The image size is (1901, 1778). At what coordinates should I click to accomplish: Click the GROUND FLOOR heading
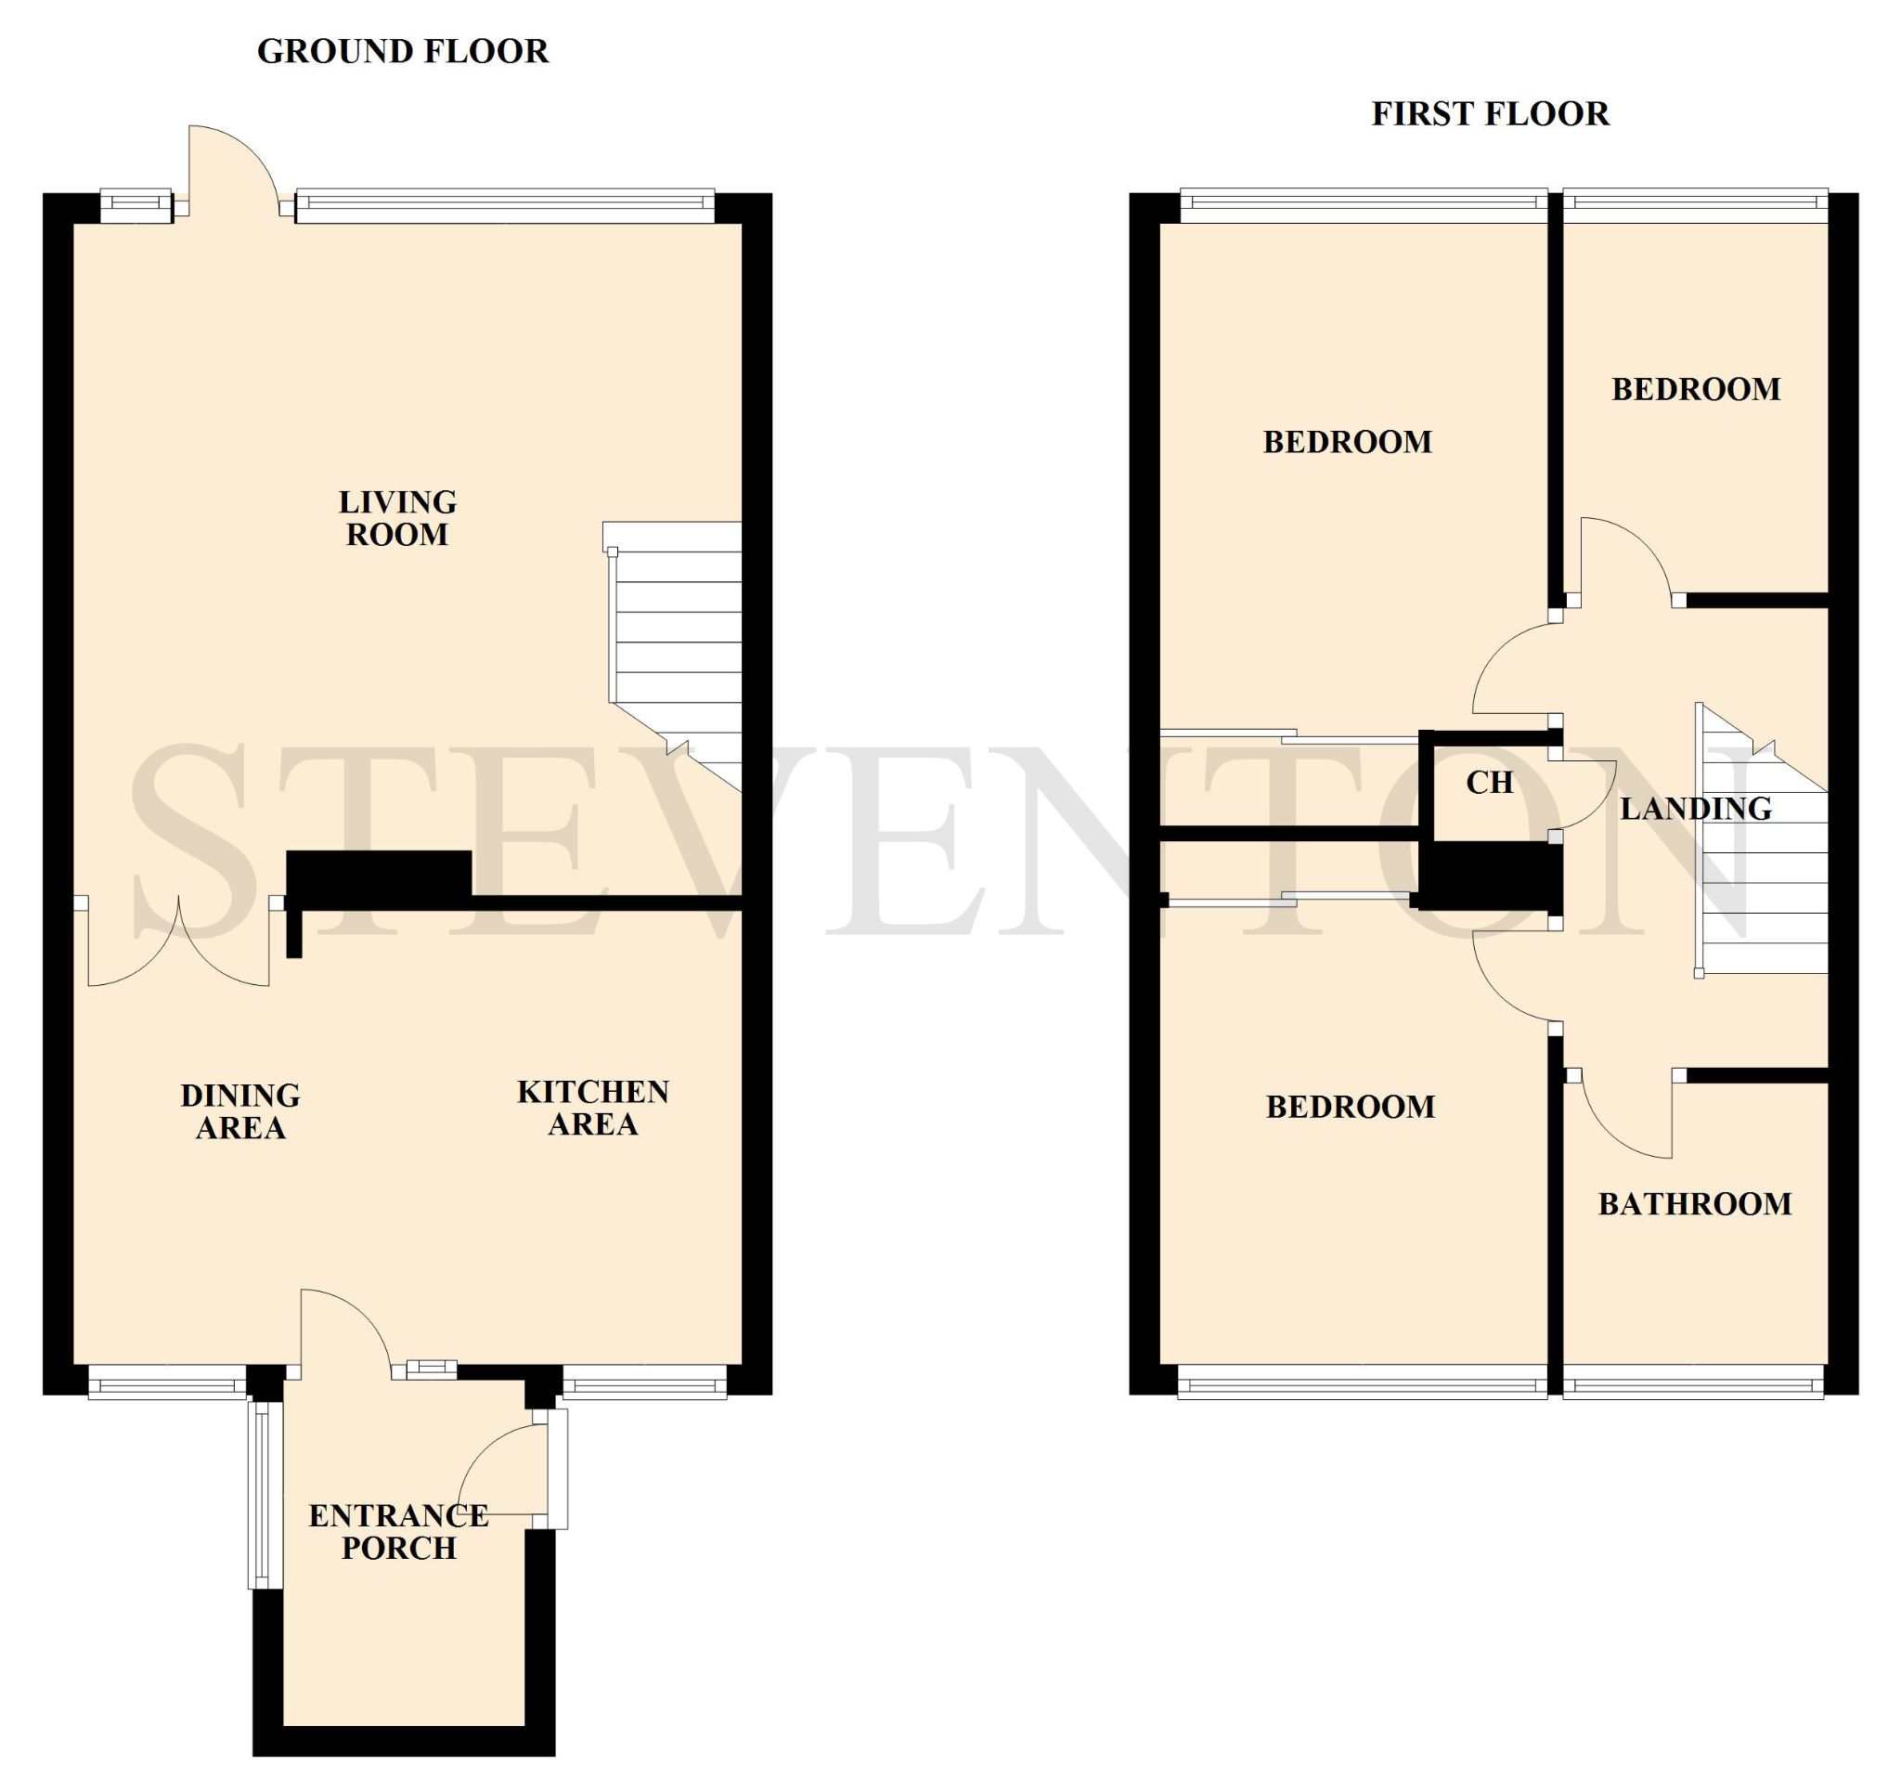403,51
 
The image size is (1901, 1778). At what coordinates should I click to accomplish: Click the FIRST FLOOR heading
1491,114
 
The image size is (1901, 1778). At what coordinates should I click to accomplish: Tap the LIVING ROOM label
398,517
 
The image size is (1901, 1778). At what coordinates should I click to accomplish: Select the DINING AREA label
241,1110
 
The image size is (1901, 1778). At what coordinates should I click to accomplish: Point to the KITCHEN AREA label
593,1108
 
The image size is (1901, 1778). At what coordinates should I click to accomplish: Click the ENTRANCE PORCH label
399,1531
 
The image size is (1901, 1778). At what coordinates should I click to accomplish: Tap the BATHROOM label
1696,1203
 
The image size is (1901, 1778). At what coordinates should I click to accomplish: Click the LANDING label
1697,808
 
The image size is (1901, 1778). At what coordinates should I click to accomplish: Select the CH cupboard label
1490,783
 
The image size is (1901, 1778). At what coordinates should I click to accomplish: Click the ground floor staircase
675,656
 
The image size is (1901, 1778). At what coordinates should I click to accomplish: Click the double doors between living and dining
179,941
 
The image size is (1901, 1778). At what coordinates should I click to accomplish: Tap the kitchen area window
644,1383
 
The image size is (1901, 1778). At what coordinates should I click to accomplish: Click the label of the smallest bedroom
1697,389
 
